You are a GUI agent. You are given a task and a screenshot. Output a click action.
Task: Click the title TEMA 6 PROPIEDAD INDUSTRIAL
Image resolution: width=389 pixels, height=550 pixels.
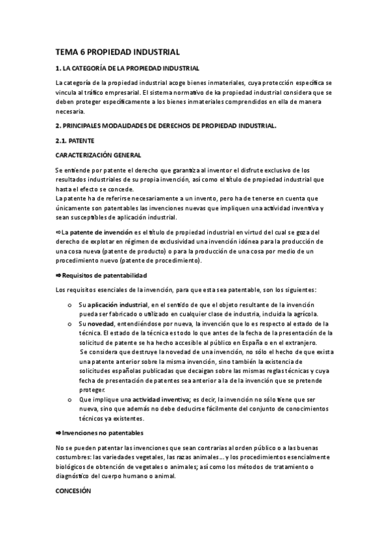pos(117,51)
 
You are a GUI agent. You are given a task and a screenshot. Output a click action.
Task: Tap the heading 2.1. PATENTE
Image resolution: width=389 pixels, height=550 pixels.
pos(75,140)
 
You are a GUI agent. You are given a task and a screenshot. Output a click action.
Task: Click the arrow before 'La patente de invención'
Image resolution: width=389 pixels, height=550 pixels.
pos(58,232)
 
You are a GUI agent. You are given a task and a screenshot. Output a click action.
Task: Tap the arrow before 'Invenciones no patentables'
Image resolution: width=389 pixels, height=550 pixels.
pos(58,432)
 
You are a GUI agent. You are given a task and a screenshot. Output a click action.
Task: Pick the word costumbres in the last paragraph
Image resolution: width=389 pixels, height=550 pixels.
pos(75,457)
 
